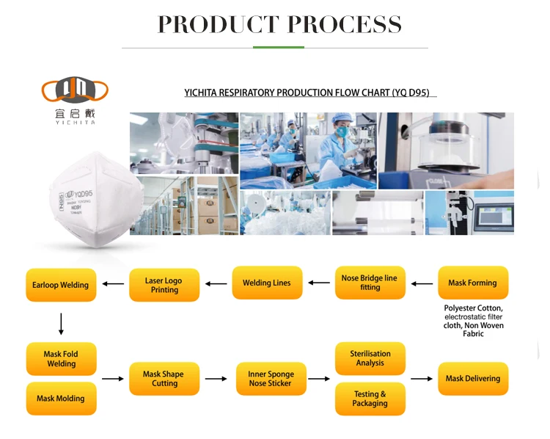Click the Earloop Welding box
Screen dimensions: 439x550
[x=60, y=285]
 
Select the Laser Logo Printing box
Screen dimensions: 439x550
[x=164, y=285]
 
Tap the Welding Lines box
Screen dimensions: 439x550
[x=267, y=283]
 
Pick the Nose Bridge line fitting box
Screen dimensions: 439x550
[x=370, y=283]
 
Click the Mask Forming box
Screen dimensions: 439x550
[x=472, y=283]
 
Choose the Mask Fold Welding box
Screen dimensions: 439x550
[x=61, y=358]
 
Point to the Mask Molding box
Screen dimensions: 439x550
[x=61, y=399]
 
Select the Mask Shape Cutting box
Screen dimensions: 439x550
[x=164, y=379]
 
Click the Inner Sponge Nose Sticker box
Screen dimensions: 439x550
[x=270, y=379]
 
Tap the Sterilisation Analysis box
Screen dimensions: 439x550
[x=370, y=358]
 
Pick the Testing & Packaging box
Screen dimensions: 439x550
[x=370, y=399]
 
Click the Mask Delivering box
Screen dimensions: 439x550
[x=472, y=379]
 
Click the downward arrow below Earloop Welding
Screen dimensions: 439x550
[x=61, y=324]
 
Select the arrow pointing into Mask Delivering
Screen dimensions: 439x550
[x=421, y=379]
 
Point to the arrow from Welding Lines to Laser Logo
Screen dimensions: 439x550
[x=216, y=283]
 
